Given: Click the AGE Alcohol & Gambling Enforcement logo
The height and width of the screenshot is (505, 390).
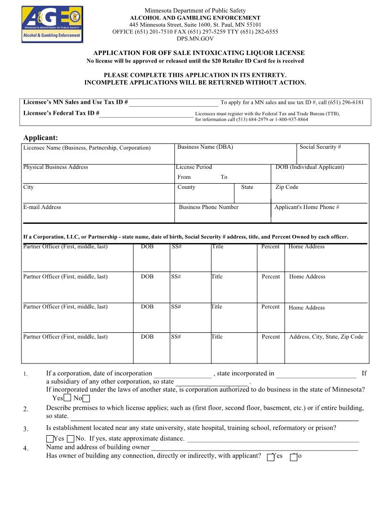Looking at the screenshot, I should click(52, 24).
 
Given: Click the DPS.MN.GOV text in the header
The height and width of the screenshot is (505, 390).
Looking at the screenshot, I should click(195, 38).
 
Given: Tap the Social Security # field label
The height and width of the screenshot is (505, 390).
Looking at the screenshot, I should click(320, 147).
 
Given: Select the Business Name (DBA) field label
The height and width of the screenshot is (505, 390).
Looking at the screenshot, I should click(205, 147).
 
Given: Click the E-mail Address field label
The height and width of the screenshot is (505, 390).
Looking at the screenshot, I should click(42, 207).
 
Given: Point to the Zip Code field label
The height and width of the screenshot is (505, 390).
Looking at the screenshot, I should click(287, 187).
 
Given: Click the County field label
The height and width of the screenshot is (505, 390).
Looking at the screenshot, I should click(186, 187).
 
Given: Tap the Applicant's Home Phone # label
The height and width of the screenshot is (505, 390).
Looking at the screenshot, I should click(306, 207).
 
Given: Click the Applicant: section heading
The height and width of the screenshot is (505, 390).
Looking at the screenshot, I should click(41, 138).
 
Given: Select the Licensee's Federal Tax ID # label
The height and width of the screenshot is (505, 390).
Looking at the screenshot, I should click(61, 113).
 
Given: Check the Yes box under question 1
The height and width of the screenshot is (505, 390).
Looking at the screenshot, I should click(67, 398).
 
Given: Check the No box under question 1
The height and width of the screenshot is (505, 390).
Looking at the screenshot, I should click(86, 398).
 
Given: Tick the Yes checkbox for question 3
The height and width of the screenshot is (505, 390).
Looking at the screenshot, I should click(50, 439).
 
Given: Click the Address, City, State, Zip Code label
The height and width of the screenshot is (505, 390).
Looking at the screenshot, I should click(326, 337).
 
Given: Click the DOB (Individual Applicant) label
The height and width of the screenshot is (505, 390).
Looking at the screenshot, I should click(310, 167).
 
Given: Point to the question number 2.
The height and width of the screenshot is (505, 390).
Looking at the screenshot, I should click(26, 409).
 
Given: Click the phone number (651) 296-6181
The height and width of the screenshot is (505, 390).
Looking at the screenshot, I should click(346, 102).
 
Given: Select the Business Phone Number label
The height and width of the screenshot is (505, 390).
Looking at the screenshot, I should click(208, 207).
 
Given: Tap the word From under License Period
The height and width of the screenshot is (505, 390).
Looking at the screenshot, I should click(184, 177).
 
